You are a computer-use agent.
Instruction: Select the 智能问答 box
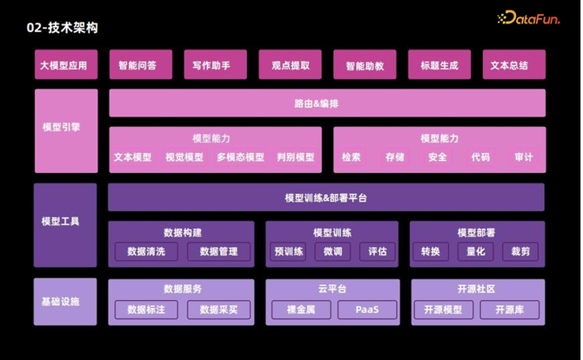(x=141, y=65)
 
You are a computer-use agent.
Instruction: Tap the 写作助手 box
(x=215, y=65)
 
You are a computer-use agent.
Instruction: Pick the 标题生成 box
(x=439, y=65)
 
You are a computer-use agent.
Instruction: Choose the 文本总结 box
(x=513, y=65)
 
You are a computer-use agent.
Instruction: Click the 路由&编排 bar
(x=327, y=103)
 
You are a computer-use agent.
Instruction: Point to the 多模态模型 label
(x=240, y=157)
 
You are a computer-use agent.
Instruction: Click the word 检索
(x=352, y=157)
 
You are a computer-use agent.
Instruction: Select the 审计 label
(x=524, y=157)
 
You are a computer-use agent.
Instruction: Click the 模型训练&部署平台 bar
(x=326, y=198)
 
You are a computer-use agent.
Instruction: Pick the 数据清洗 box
(x=145, y=252)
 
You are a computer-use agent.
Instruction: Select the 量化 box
(x=475, y=252)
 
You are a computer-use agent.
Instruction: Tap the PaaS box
(x=366, y=310)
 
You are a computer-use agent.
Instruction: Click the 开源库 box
(x=510, y=310)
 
